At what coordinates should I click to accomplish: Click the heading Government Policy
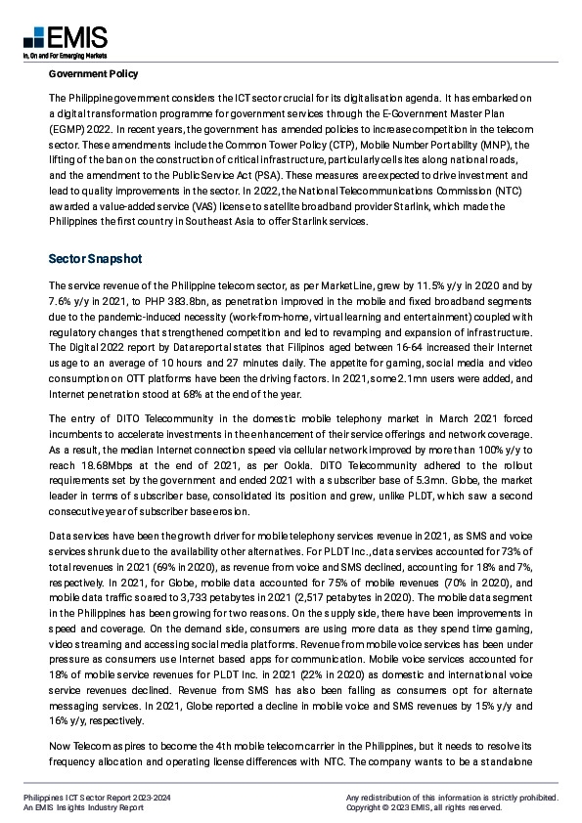pyautogui.click(x=93, y=74)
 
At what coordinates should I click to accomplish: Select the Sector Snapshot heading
pyautogui.click(x=95, y=259)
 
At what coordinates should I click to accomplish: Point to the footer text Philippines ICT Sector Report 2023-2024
pyautogui.click(x=97, y=799)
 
